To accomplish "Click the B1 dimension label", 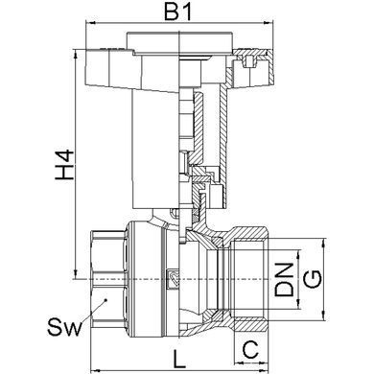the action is (x=178, y=12).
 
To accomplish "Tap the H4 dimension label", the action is (x=64, y=165).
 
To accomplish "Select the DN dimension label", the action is (x=284, y=279).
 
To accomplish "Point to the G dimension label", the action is (x=312, y=279).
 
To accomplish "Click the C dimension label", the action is (x=250, y=349).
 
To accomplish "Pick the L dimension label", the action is (x=179, y=359).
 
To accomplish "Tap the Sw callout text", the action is (x=64, y=326).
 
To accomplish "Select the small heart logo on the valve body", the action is (x=174, y=277).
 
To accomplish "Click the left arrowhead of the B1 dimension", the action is (x=91, y=23).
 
